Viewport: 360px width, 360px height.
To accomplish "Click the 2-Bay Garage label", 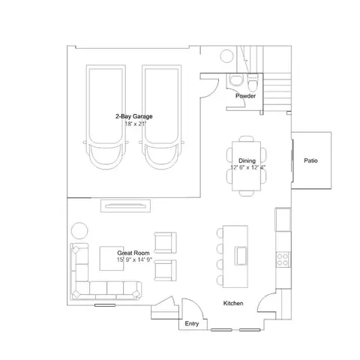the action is tap(134, 116).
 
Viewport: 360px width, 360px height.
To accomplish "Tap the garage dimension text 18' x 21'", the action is tap(135, 124).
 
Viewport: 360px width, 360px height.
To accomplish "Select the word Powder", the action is tap(245, 96).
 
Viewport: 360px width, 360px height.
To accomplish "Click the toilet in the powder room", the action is tap(253, 82).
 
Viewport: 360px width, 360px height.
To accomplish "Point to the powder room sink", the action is tap(236, 79).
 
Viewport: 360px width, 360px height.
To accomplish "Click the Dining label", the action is tap(247, 160).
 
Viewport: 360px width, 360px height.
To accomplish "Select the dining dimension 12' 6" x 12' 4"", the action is tap(247, 167).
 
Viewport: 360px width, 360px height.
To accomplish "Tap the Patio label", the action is tap(310, 160).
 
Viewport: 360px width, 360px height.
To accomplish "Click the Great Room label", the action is tap(133, 253).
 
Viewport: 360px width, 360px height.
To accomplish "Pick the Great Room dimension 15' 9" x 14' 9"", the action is tap(134, 259).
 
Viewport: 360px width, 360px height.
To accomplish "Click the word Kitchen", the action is tap(233, 303).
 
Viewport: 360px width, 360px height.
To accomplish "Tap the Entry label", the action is tap(192, 324).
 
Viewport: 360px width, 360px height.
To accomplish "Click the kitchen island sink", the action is tap(241, 256).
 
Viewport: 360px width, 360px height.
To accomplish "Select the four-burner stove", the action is tap(283, 259).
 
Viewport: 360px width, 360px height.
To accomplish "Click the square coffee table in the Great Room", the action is tap(112, 258).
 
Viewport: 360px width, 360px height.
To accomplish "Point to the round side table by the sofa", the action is tap(79, 230).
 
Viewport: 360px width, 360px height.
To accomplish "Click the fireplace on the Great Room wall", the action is tap(125, 206).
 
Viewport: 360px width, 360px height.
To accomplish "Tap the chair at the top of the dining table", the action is tap(247, 139).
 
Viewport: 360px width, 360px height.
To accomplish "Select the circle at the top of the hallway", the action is tap(226, 56).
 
